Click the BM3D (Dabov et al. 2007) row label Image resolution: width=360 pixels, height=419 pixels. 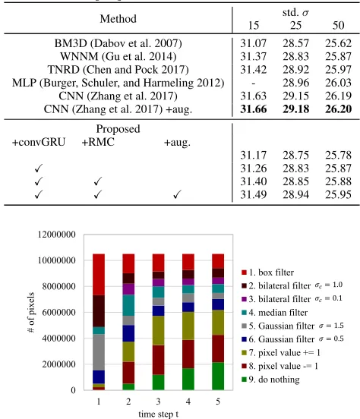coord(118,43)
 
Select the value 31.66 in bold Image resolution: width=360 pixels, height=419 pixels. coord(253,109)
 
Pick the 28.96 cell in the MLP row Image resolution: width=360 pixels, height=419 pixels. coord(295,83)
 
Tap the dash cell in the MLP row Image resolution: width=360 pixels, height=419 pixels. coord(253,83)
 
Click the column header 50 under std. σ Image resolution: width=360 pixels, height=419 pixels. coord(338,25)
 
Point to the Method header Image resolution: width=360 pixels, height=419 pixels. coord(118,19)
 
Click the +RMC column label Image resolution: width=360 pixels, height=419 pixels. coord(98,142)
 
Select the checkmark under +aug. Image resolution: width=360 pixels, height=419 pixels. coord(177,194)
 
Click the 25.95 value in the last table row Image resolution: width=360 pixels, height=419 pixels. coord(338,194)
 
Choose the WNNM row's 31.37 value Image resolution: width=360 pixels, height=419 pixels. coord(253,56)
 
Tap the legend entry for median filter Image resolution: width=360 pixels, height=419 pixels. coord(275,313)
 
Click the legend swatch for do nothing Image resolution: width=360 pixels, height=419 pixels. coord(244,380)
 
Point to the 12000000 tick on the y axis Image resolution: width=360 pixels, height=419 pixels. coord(57,235)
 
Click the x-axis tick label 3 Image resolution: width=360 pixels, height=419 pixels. coord(158,402)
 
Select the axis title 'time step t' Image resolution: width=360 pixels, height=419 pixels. coord(158,414)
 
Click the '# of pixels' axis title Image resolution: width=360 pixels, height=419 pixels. coord(31,312)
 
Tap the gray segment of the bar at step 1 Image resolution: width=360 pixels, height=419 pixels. coord(99,352)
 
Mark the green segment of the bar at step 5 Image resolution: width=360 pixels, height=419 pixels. coord(218,376)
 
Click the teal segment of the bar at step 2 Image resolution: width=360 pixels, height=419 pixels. coord(128,305)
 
